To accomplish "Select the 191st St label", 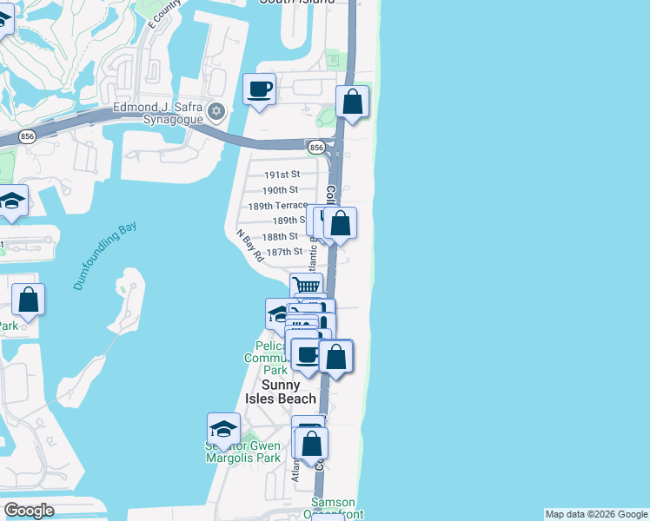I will pyautogui.click(x=282, y=175).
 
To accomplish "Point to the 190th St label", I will pyautogui.click(x=281, y=189).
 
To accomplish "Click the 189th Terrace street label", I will pyautogui.click(x=278, y=206).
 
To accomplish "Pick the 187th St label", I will pyautogui.click(x=284, y=252).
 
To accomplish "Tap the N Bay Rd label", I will pyautogui.click(x=250, y=246).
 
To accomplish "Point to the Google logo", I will pyautogui.click(x=29, y=511).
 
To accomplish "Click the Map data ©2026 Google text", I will pyautogui.click(x=596, y=514).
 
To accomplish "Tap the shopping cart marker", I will pyautogui.click(x=306, y=287).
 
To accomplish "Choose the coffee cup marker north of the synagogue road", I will pyautogui.click(x=259, y=89).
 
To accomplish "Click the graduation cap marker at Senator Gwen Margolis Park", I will pyautogui.click(x=223, y=429).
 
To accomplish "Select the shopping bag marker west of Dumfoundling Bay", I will pyautogui.click(x=29, y=300).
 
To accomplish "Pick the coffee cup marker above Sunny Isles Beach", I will pyautogui.click(x=307, y=354).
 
